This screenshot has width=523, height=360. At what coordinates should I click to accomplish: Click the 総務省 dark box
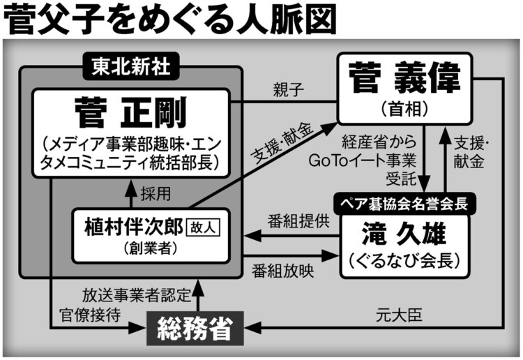195,329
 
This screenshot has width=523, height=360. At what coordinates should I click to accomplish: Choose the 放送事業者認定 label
135,295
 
